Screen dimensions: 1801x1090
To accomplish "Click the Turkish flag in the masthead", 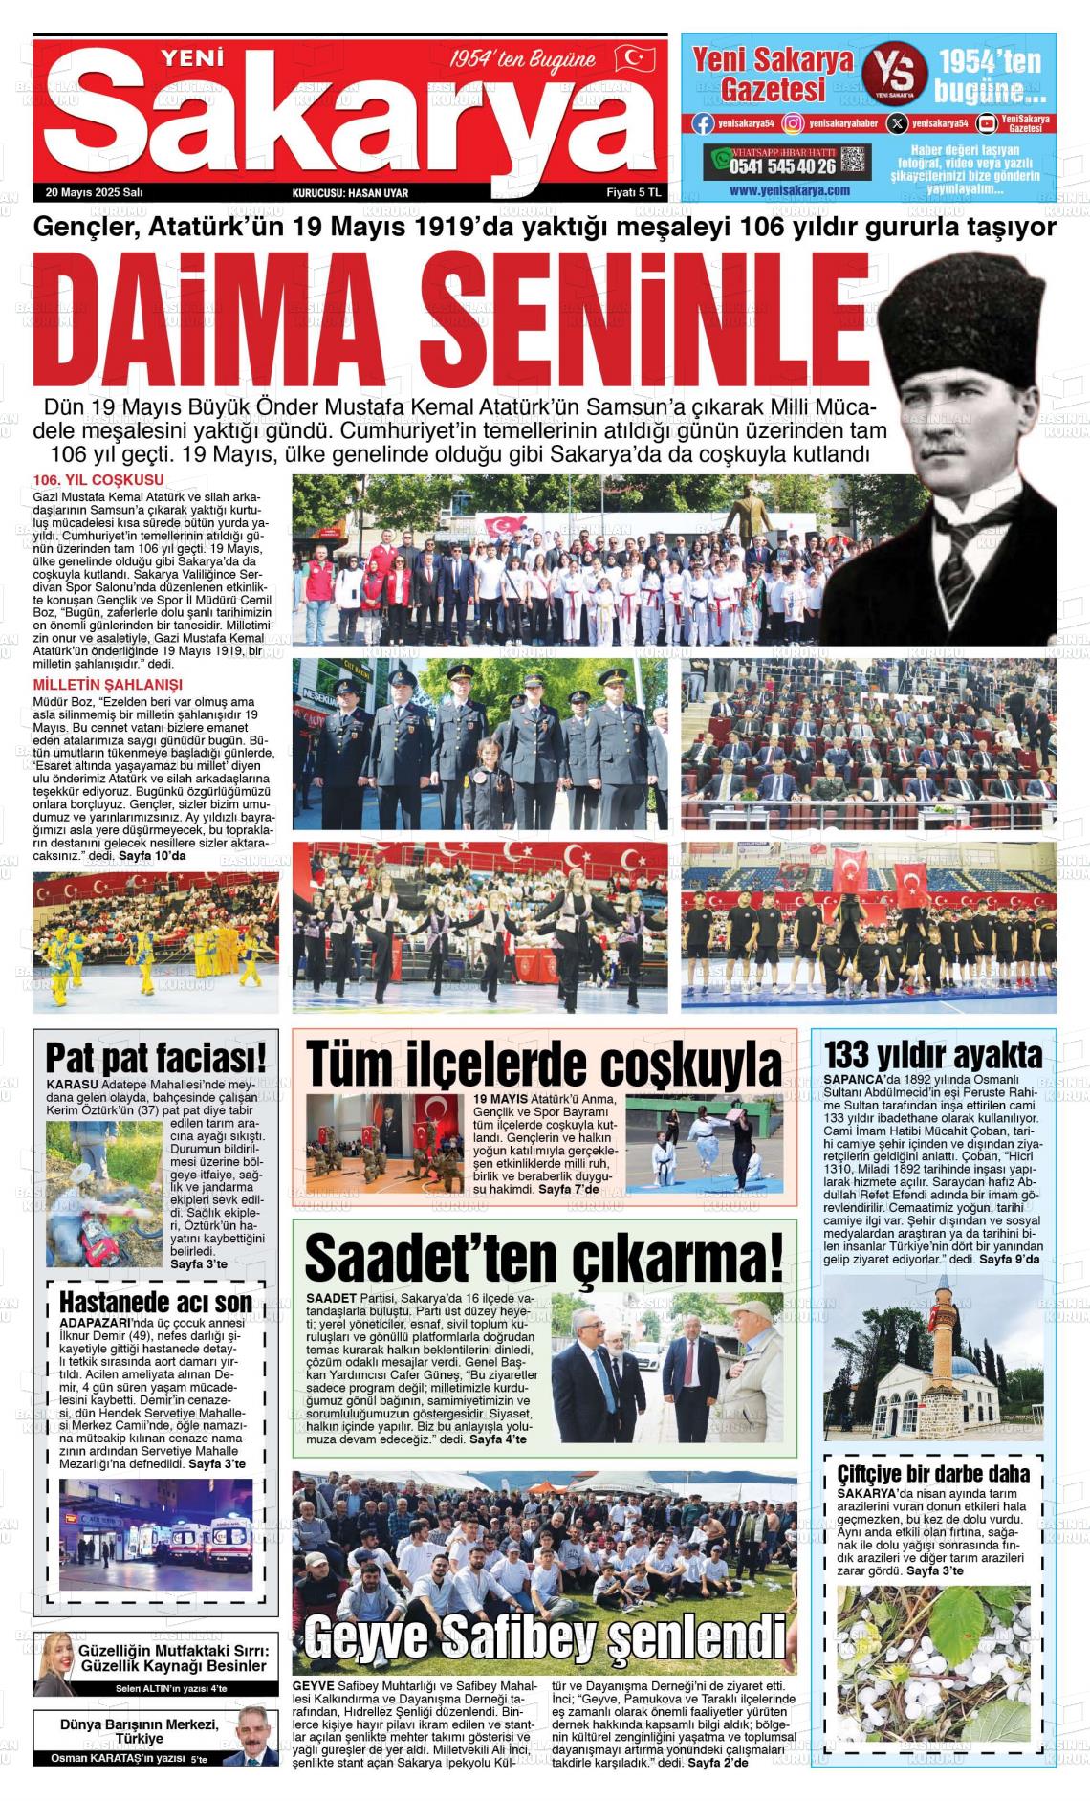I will (635, 59).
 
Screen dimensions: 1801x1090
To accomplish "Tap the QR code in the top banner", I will (854, 162).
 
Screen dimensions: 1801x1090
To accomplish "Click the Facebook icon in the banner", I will (703, 123).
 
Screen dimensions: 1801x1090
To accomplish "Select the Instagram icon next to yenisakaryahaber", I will (793, 123).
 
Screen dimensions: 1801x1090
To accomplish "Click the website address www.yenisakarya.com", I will (789, 190).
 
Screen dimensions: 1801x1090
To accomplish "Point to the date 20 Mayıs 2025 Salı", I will (94, 192).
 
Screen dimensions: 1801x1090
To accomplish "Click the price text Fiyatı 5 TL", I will (634, 192).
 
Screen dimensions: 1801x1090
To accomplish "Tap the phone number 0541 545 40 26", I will (782, 165).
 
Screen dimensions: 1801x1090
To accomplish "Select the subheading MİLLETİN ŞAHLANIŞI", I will (107, 684).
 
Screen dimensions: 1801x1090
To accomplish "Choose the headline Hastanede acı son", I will (156, 1302).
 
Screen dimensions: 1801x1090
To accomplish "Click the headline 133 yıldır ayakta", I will (932, 1054).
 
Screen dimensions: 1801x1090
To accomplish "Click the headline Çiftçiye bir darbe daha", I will (932, 1473).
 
